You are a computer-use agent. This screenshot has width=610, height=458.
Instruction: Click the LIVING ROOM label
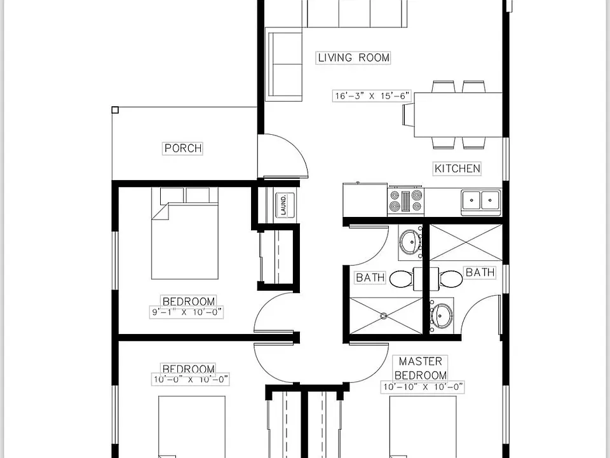pyautogui.click(x=353, y=58)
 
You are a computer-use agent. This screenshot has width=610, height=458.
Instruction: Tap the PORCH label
pyautogui.click(x=183, y=148)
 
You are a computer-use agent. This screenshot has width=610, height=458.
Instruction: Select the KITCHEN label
pyautogui.click(x=457, y=169)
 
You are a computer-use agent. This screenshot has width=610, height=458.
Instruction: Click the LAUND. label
pyautogui.click(x=283, y=205)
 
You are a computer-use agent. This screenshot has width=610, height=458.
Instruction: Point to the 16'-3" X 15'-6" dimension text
pyautogui.click(x=372, y=95)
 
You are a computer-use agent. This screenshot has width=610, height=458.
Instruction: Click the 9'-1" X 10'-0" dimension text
pyautogui.click(x=186, y=312)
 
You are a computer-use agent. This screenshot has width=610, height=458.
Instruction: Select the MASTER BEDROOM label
pyautogui.click(x=421, y=368)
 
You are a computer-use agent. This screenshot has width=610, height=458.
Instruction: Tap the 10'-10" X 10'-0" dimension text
pyautogui.click(x=423, y=387)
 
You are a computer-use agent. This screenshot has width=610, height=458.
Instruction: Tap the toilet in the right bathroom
pyautogui.click(x=451, y=279)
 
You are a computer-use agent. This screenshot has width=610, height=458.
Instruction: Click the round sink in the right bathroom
pyautogui.click(x=441, y=316)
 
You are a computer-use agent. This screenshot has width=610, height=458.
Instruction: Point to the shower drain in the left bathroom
pyautogui.click(x=384, y=316)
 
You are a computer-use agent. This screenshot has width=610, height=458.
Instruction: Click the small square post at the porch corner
pyautogui.click(x=115, y=110)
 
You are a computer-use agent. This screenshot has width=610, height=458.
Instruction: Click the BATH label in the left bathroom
pyautogui.click(x=370, y=278)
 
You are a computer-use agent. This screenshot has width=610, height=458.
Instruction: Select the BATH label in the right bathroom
pyautogui.click(x=480, y=272)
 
